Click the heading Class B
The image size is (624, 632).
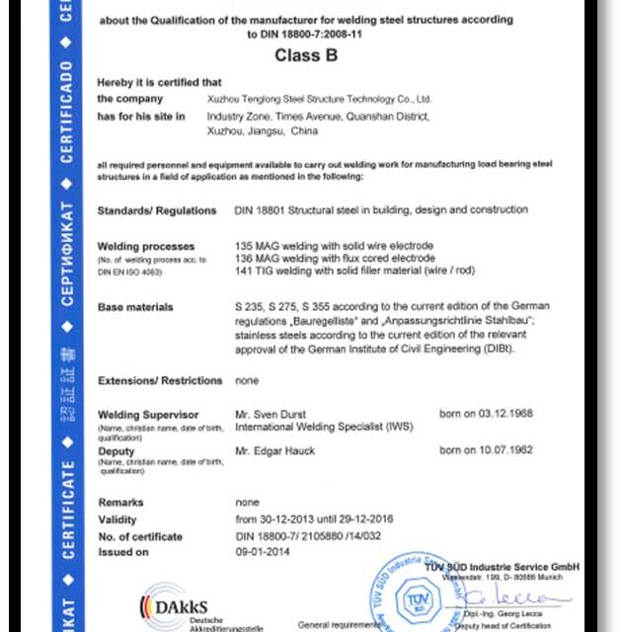(x=305, y=56)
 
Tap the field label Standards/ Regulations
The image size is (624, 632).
(x=156, y=210)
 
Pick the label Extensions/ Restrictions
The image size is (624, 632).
(x=160, y=380)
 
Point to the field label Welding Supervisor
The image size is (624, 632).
(x=148, y=415)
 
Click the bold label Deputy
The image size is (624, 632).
(x=117, y=450)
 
